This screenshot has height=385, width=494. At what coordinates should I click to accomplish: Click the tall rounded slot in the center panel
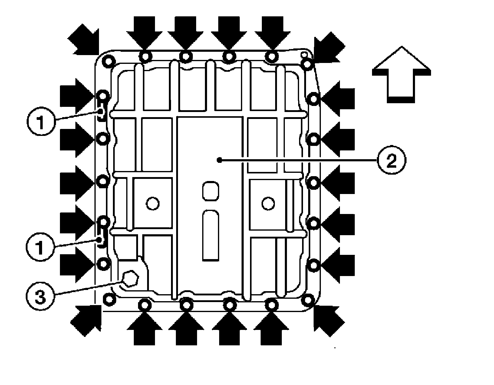[211, 236]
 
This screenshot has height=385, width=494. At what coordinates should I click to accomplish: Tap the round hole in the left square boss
[152, 203]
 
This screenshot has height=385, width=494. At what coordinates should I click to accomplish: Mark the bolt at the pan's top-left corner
[108, 60]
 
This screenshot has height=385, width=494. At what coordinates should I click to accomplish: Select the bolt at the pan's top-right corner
[307, 64]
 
